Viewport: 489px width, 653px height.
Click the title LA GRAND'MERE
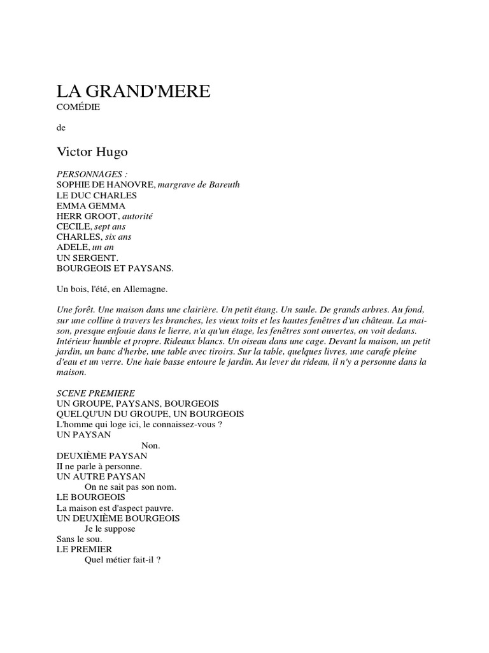(x=133, y=91)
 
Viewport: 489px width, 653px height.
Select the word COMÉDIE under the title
(x=78, y=107)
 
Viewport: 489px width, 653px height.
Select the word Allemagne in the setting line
(x=146, y=290)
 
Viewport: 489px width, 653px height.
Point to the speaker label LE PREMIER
(x=84, y=549)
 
